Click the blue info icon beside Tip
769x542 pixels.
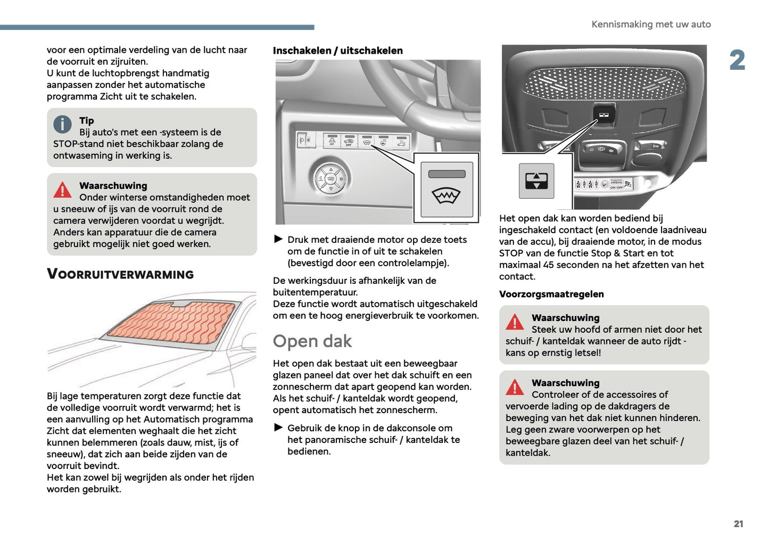tap(62, 125)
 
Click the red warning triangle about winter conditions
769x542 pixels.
tap(62, 190)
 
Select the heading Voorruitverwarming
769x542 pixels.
tap(120, 274)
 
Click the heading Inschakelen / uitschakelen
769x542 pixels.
tap(337, 51)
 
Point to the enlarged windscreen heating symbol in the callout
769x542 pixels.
tap(446, 196)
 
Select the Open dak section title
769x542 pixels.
tap(312, 341)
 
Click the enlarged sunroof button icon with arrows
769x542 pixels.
tap(536, 181)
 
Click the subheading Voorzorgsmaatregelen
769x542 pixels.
tap(551, 294)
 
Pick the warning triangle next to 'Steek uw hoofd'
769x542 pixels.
tap(515, 322)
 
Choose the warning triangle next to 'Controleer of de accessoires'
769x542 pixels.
tap(515, 387)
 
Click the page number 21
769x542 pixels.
tap(738, 524)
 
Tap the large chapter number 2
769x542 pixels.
tap(737, 60)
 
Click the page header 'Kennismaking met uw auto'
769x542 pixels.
tap(651, 24)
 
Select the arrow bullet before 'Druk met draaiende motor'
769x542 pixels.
tap(278, 240)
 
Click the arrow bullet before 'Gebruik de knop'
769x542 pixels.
tap(278, 428)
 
